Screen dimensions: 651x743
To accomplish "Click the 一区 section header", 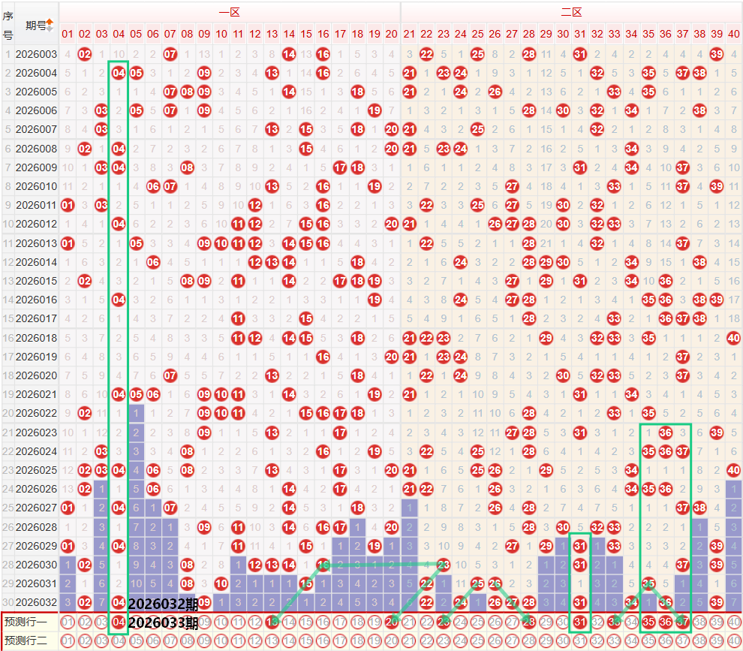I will (x=229, y=12).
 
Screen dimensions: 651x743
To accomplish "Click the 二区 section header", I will (x=571, y=12).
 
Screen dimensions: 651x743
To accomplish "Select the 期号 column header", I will (x=36, y=25).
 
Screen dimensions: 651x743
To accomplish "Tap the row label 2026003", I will (x=36, y=54).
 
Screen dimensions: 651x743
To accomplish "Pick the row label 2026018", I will (x=36, y=339).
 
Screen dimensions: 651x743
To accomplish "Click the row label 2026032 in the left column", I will (x=36, y=601).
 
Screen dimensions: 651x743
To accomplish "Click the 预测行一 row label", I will (x=26, y=621).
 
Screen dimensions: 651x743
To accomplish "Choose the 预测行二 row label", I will (x=26, y=640).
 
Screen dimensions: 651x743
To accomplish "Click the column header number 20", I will (x=391, y=34).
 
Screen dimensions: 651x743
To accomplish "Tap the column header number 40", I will (x=733, y=34).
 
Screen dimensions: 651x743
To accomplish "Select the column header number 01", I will (x=68, y=34).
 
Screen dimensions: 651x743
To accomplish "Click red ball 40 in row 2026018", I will (x=733, y=339).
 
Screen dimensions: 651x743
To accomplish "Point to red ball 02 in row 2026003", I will (x=85, y=54).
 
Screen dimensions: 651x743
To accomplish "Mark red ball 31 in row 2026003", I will (x=579, y=54).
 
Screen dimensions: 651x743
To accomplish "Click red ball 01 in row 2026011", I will (x=68, y=205).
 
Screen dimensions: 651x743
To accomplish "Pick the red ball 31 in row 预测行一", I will (x=579, y=621).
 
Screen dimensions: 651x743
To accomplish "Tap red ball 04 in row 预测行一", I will (x=119, y=621).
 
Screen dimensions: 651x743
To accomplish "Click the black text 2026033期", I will (x=163, y=622).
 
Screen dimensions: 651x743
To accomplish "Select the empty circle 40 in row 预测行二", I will (x=733, y=640).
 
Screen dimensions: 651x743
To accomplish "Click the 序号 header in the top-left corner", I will (x=8, y=25).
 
